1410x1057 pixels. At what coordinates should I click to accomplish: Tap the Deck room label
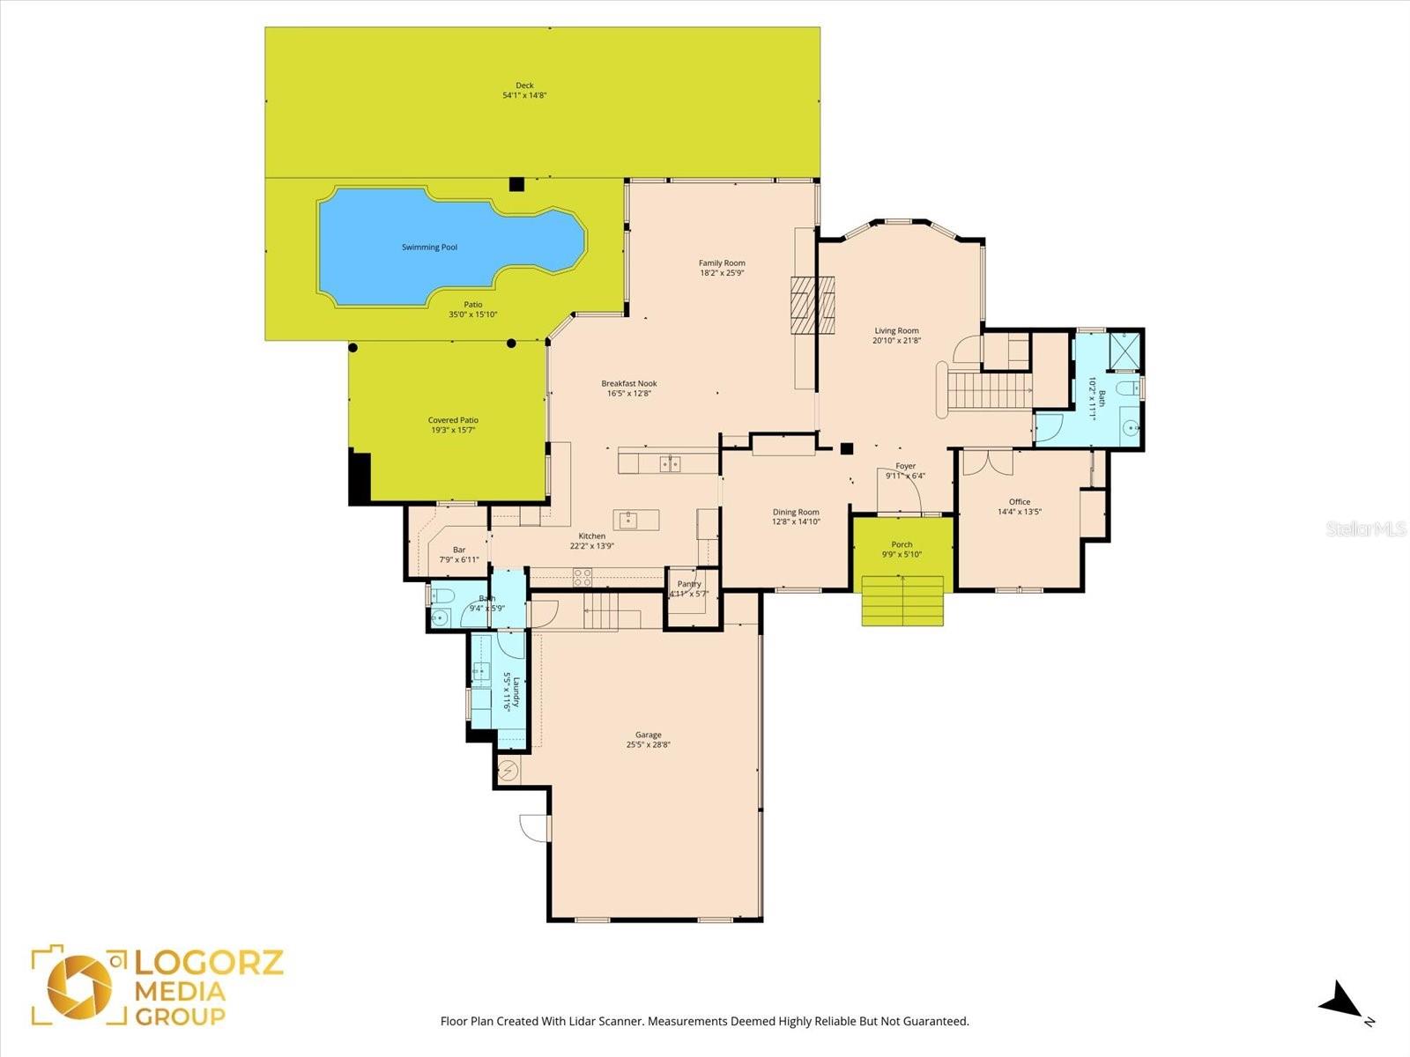click(x=524, y=85)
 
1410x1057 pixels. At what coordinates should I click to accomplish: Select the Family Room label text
click(x=722, y=262)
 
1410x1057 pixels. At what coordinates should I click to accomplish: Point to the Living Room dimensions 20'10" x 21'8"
click(x=896, y=341)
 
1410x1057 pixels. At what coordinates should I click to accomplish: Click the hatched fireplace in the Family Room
click(x=811, y=305)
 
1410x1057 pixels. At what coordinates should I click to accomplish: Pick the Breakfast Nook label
click(x=629, y=383)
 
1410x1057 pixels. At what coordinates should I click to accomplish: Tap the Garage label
click(x=649, y=735)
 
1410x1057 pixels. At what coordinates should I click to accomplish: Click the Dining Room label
click(x=796, y=512)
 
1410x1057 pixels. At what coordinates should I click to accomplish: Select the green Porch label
click(x=902, y=544)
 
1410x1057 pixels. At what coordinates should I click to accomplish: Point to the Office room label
click(x=1020, y=501)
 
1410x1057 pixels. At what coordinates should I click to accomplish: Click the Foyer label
click(x=905, y=466)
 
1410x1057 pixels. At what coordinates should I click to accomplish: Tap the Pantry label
click(x=689, y=584)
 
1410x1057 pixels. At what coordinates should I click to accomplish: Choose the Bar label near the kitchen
click(x=459, y=550)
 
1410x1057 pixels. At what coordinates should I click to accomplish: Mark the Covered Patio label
click(x=453, y=420)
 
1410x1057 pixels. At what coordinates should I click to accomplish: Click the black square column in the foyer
click(x=847, y=448)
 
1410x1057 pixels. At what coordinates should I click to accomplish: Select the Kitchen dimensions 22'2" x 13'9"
click(x=592, y=546)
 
